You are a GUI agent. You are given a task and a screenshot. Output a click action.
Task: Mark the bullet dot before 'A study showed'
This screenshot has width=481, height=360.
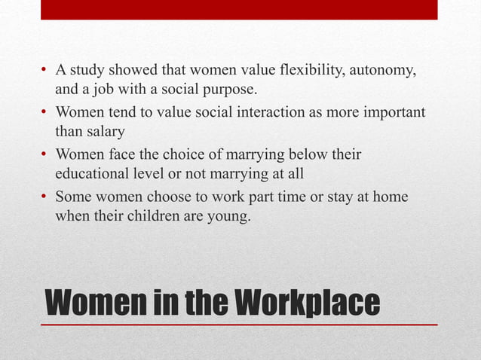pyautogui.click(x=45, y=72)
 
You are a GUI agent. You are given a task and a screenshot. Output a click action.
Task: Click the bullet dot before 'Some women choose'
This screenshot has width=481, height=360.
pyautogui.click(x=45, y=197)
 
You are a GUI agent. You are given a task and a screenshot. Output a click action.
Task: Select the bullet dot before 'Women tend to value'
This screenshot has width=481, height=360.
pyautogui.click(x=45, y=113)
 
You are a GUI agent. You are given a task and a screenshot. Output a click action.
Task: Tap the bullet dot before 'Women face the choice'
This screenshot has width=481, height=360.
pyautogui.click(x=45, y=155)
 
